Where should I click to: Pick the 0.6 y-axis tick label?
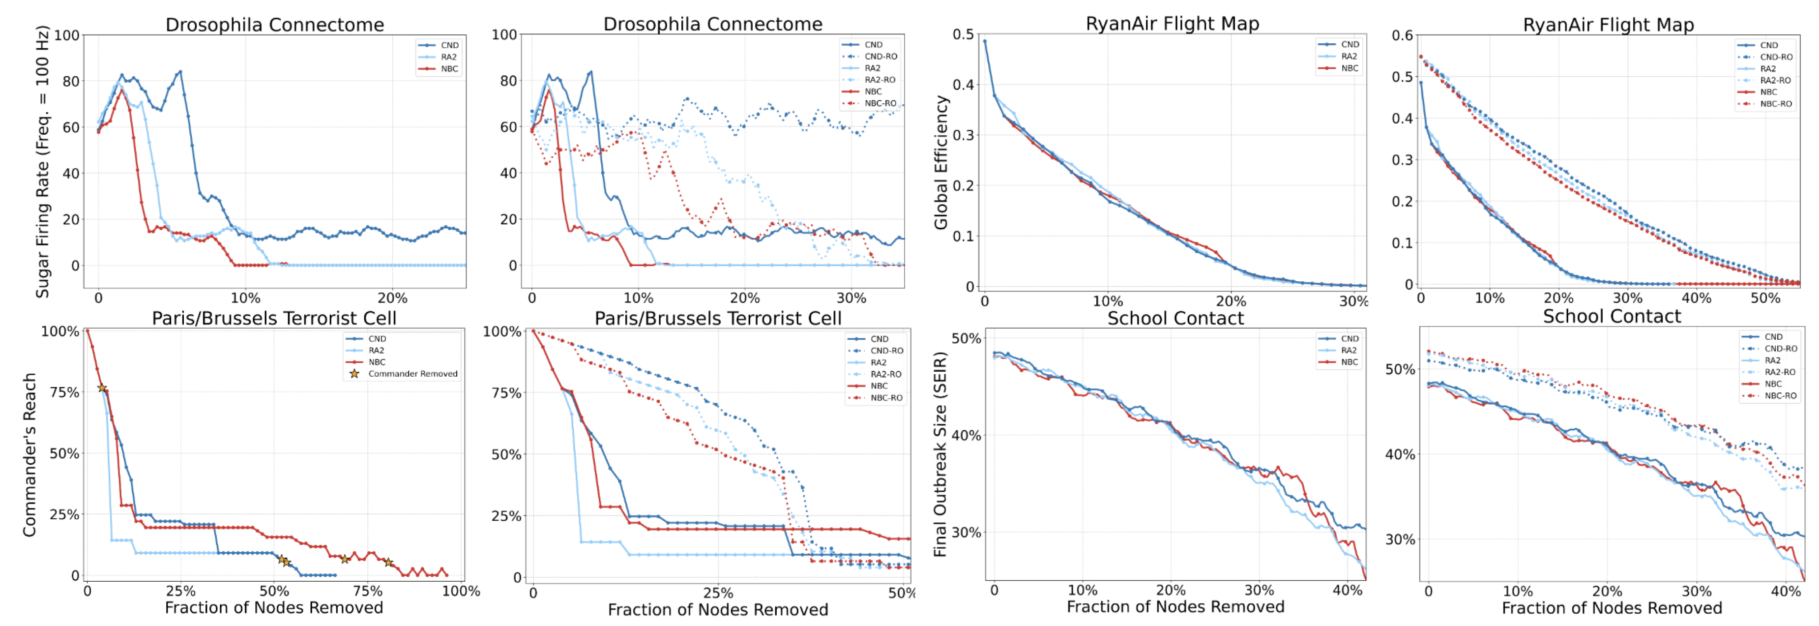coord(1403,35)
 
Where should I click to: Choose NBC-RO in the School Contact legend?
coord(1780,396)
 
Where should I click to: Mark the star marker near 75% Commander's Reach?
coord(102,388)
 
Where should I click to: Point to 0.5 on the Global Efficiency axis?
coord(963,34)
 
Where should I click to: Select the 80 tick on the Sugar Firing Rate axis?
coord(71,81)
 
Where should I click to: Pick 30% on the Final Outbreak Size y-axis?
coord(966,532)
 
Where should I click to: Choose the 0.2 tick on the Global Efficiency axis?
coord(963,186)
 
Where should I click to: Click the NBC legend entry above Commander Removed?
coord(377,362)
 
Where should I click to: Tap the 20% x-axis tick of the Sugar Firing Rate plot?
coord(392,298)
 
